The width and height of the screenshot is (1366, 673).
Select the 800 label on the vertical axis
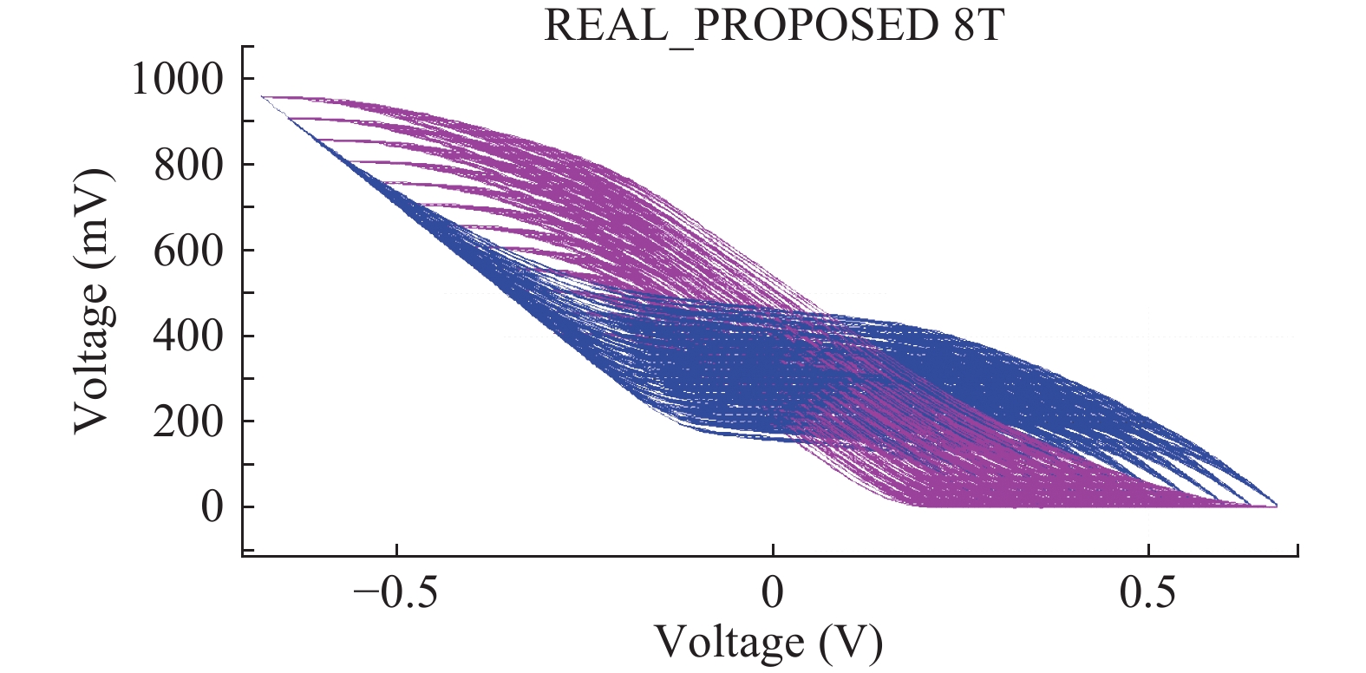188,165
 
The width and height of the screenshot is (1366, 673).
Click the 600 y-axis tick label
188,251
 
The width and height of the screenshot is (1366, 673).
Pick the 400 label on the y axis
188,336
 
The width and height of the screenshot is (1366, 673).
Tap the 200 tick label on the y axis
188,421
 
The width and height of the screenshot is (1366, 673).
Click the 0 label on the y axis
212,507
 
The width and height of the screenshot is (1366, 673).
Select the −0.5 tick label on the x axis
395,593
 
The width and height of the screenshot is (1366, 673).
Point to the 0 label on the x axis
772,593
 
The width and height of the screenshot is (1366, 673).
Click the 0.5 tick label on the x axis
1148,593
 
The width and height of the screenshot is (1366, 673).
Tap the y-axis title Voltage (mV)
94,299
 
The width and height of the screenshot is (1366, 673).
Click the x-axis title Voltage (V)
768,643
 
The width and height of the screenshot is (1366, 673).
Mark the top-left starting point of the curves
263,97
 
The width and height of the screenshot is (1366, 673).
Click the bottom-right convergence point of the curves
1275,506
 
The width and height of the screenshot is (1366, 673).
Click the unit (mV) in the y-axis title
94,218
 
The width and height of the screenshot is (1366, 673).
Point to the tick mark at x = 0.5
1148,551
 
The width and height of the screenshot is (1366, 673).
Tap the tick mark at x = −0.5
396,551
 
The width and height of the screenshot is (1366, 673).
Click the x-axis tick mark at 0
772,551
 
